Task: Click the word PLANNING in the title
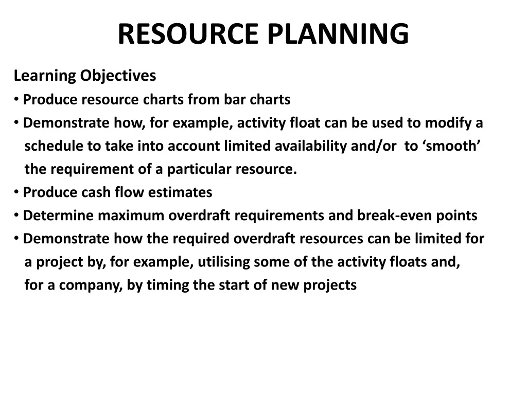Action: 338,34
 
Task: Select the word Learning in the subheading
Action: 44,76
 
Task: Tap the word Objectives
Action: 118,76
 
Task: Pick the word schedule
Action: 54,146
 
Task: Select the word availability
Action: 311,146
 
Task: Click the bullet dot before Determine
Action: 17,216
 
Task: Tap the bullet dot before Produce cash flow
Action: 17,192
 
